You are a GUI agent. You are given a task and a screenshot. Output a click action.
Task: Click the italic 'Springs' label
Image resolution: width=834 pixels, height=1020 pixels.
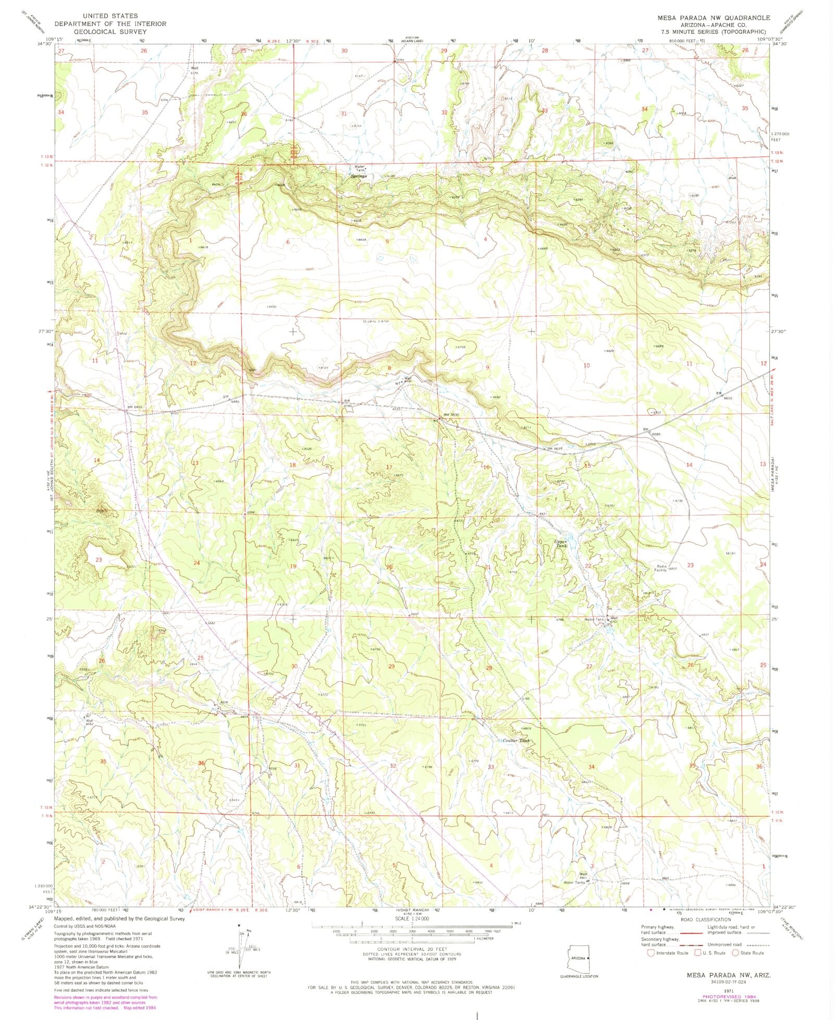pos(359,176)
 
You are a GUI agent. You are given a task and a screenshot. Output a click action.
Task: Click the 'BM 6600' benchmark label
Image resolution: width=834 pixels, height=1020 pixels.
pos(451,414)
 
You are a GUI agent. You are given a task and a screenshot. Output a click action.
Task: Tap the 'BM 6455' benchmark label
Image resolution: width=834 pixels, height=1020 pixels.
pos(134,407)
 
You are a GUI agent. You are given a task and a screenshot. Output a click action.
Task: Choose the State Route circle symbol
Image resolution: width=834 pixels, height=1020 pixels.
pos(735,953)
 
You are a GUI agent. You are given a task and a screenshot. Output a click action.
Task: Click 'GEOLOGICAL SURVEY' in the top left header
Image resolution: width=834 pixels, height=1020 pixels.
pos(110,31)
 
